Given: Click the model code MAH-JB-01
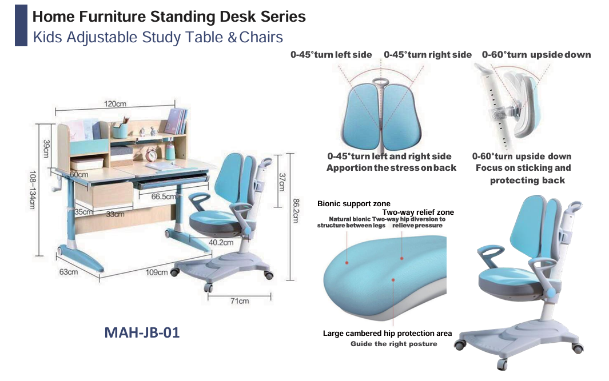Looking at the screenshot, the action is (142, 332).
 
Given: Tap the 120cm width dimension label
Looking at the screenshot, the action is (115, 103).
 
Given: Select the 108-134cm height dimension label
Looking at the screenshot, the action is (32, 190).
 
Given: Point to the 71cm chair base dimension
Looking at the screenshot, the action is (240, 300).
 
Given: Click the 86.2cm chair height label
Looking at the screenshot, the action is (296, 211).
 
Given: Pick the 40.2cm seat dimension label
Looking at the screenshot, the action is (221, 243).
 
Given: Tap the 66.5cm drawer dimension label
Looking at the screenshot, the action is (163, 196).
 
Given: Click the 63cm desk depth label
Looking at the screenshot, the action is (69, 271).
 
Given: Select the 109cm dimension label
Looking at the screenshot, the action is (157, 272).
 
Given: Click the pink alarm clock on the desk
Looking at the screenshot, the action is (151, 155).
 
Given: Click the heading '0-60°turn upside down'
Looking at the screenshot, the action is (536, 55).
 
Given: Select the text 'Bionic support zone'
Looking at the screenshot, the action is (354, 204).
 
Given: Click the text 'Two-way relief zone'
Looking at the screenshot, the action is (418, 212).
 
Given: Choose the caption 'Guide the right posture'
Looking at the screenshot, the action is (394, 344).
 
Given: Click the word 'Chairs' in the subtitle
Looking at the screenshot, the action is (261, 37).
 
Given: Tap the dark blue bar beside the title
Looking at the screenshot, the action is (21, 26).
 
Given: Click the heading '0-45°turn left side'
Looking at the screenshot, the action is (331, 55).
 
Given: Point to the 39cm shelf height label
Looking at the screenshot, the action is (46, 149).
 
